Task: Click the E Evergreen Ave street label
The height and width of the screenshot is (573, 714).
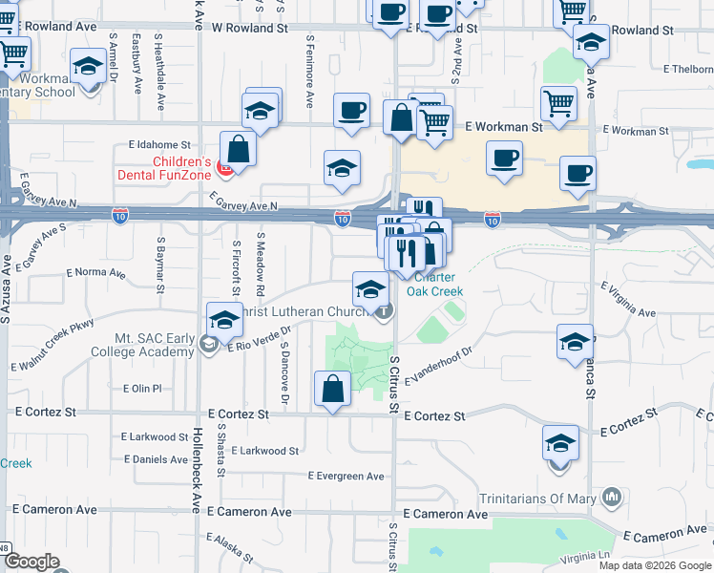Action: (346, 476)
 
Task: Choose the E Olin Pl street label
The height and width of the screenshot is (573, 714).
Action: (143, 389)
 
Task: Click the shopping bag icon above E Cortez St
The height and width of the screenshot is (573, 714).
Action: (332, 390)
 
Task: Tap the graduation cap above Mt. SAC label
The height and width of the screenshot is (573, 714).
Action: (224, 320)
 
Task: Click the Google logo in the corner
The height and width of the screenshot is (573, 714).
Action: (31, 562)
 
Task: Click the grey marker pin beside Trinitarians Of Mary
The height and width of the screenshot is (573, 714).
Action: (612, 497)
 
